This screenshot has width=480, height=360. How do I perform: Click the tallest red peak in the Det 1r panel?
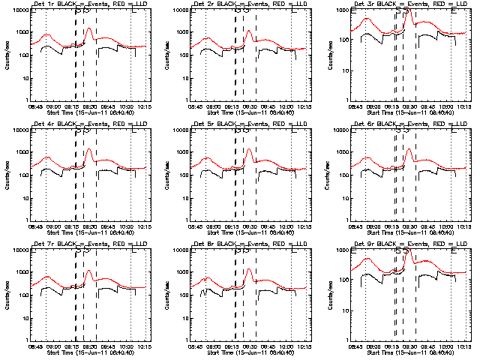tap(89, 29)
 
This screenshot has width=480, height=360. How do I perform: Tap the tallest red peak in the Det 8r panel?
tap(249, 268)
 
